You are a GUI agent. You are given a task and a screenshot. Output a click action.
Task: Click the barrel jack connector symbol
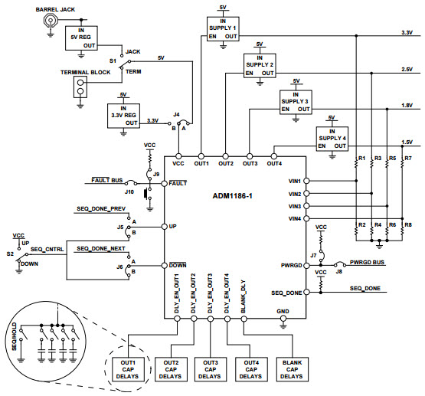(51, 24)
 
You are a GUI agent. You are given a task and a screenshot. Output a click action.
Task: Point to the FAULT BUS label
(106, 181)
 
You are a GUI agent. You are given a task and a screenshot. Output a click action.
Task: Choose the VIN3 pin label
(293, 206)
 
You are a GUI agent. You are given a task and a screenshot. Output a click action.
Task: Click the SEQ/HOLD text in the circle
(14, 338)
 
